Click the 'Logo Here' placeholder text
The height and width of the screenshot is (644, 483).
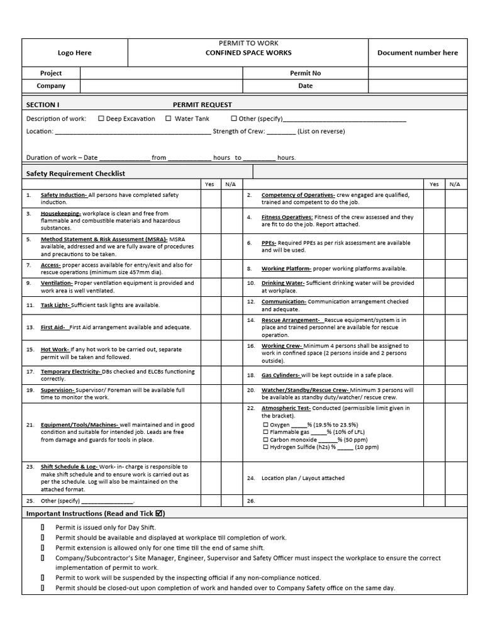(75, 53)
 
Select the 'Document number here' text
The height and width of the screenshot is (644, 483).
(418, 53)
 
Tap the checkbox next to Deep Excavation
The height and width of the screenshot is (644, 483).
(101, 118)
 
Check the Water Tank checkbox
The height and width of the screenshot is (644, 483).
(169, 118)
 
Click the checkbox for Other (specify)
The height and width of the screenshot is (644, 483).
(234, 118)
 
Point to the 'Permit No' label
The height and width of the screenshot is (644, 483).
(305, 73)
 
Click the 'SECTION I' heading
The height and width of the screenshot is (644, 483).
(43, 104)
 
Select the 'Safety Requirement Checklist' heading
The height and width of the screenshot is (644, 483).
(75, 173)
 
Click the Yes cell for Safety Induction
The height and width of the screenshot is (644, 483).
(209, 198)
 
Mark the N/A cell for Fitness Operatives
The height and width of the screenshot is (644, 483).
(455, 220)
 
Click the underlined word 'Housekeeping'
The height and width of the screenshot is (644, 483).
(61, 214)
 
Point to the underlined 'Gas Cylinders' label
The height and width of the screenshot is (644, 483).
(280, 375)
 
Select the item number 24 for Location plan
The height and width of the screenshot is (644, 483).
(250, 478)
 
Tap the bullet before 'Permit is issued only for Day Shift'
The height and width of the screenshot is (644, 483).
(42, 528)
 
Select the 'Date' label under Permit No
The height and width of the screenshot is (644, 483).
(305, 86)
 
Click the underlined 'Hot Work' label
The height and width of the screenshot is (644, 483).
(54, 350)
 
